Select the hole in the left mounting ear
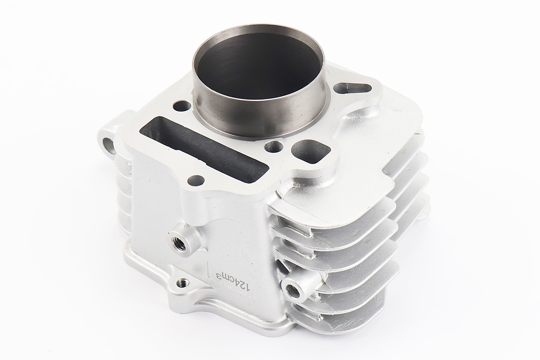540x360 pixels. (107, 143)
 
